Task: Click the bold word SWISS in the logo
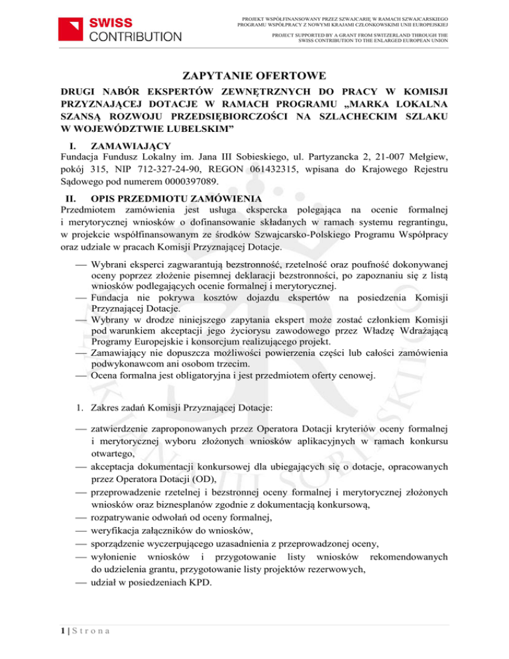click(x=111, y=22)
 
